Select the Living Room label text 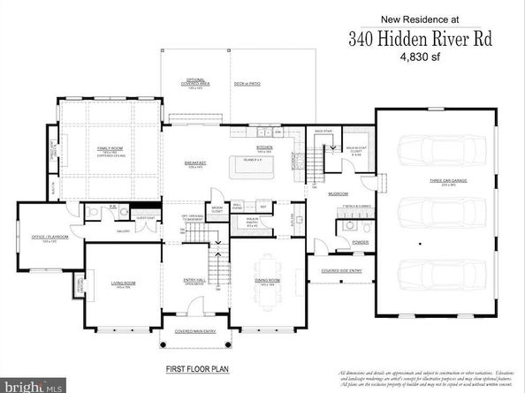click(122, 283)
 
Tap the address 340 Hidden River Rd click(407, 39)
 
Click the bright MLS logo click(32, 386)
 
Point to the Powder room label click(360, 241)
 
